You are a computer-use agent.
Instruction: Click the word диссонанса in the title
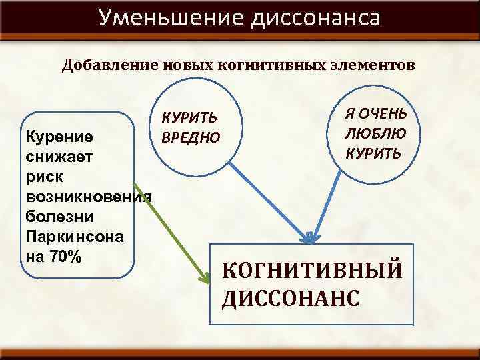point(315,17)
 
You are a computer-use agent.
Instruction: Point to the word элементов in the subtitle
point(371,65)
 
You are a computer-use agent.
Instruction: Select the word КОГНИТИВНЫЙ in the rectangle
point(311,272)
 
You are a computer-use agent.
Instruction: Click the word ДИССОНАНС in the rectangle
point(291,297)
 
